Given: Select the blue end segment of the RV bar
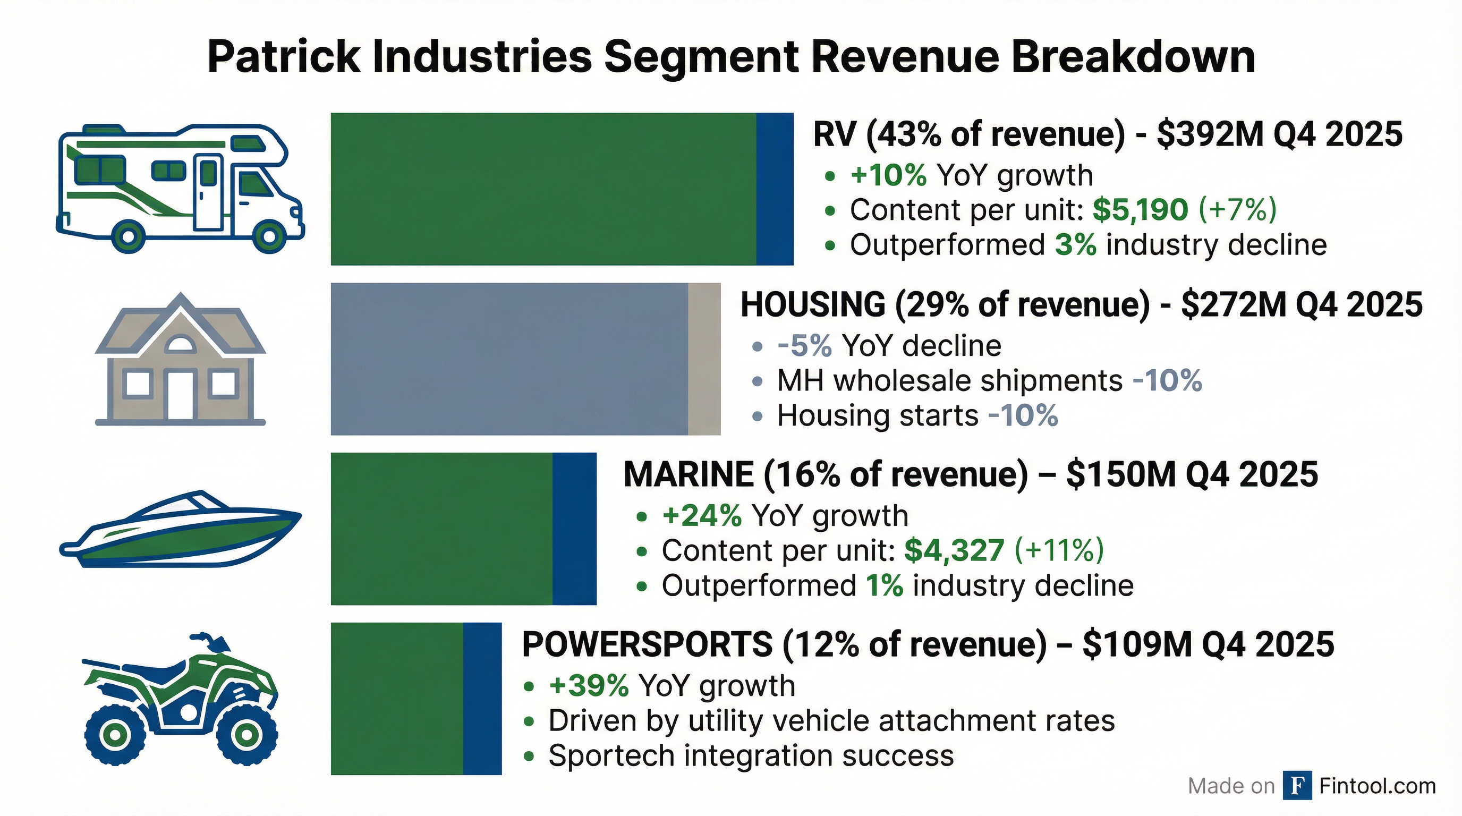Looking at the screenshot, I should pos(775,189).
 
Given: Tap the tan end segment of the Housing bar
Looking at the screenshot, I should pos(704,359).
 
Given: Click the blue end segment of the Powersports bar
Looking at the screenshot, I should pos(482,699).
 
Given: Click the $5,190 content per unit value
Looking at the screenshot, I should pos(1140,210).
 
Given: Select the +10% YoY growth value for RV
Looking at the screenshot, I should pos(888,175).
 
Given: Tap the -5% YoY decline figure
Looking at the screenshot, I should pos(804,346).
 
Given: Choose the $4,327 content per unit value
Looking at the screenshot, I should pos(954,550).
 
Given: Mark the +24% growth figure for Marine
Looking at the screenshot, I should pos(701,515).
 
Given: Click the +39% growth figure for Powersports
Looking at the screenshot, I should pos(589,685).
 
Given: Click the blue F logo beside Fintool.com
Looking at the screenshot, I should pos(1297,786).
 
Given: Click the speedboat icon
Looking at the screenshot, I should pos(181,530).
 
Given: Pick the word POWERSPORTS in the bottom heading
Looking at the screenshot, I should pos(647,644).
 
